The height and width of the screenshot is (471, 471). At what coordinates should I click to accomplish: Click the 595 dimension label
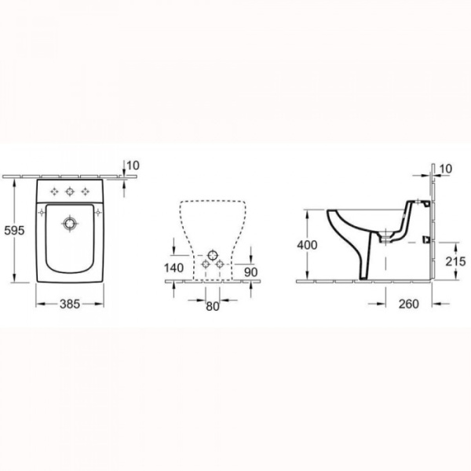pyautogui.click(x=14, y=232)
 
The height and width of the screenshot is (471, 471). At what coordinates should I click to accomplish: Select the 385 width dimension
pyautogui.click(x=71, y=303)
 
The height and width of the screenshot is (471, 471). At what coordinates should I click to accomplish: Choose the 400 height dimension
pyautogui.click(x=307, y=245)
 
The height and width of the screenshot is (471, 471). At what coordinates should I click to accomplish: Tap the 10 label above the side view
pyautogui.click(x=445, y=169)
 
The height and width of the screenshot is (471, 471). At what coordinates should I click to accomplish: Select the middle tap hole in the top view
pyautogui.click(x=71, y=191)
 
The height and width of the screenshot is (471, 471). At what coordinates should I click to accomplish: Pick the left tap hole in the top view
pyautogui.click(x=53, y=191)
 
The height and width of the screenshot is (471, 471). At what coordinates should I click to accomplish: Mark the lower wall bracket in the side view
pyautogui.click(x=427, y=239)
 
